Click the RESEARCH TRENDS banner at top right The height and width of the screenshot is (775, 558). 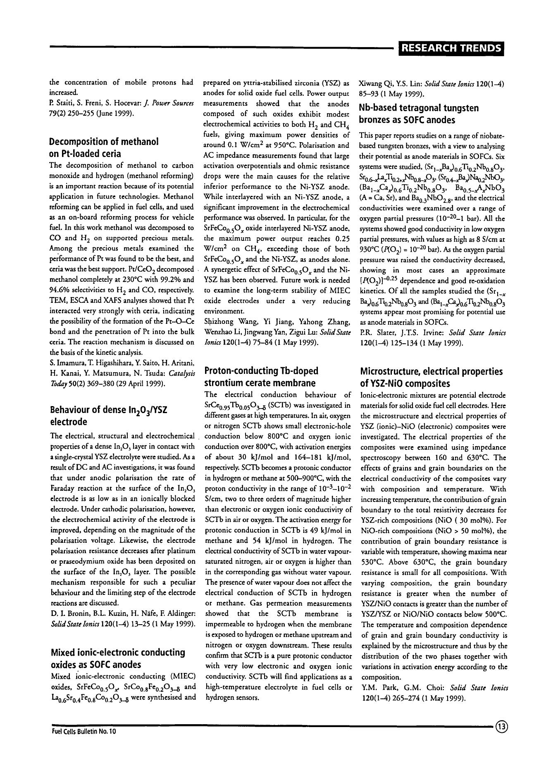[x=451, y=48]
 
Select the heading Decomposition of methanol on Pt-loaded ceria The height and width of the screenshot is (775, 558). [x=103, y=148]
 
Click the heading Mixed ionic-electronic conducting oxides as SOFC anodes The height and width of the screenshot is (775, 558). [x=117, y=658]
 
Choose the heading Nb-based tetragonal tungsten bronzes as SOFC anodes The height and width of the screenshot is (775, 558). [x=419, y=114]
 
